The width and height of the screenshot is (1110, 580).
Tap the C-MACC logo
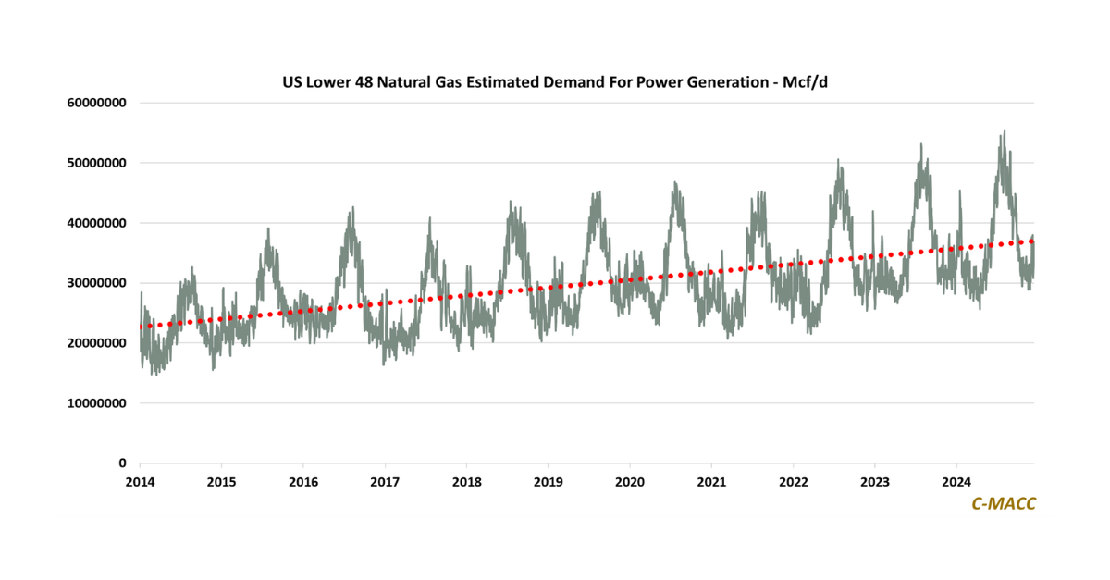[1004, 503]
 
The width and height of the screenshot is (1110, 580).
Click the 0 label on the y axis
[122, 463]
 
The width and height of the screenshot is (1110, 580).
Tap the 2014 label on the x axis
[140, 481]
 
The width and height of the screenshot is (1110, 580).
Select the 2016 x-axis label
[303, 481]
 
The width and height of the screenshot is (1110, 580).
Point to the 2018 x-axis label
[466, 481]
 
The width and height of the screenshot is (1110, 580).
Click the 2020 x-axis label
[630, 481]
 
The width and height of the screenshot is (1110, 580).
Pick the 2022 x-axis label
[793, 481]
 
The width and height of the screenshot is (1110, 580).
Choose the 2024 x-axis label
[956, 481]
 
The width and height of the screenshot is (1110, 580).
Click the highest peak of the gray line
[1004, 131]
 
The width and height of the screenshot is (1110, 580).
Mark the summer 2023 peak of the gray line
[921, 144]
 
